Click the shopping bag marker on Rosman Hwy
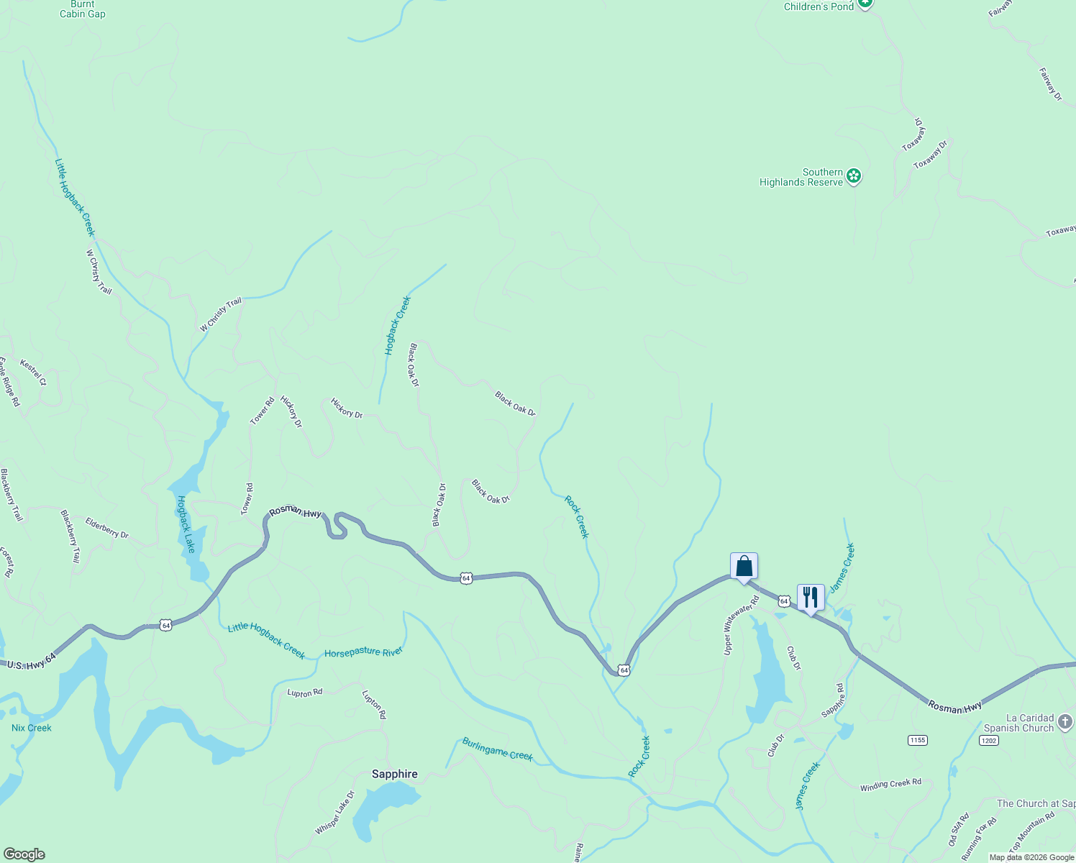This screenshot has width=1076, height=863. coord(744,567)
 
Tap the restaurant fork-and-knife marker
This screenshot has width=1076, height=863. coord(811,598)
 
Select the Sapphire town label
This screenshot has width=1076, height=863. coord(394,775)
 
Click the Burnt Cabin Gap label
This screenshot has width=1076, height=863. coord(82,9)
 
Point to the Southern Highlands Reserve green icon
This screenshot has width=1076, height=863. coord(854,176)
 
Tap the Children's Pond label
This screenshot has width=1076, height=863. coord(819,6)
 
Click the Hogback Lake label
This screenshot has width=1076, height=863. coord(186,524)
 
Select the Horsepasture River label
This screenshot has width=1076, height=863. coord(363,652)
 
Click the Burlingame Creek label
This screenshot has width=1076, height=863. coord(497,749)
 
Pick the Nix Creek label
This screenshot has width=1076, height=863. coord(32,728)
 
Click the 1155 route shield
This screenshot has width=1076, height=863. coord(917,740)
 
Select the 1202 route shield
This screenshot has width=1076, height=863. coord(988,740)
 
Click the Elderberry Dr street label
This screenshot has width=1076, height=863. coord(106,529)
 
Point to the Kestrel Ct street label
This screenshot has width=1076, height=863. coord(33,373)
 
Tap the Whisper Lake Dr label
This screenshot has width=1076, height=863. coord(334,813)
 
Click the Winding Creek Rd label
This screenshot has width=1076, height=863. coord(890,785)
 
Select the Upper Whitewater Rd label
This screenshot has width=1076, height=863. coord(741,625)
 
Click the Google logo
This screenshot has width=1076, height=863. coord(24,854)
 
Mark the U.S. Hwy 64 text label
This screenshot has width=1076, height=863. coord(31,662)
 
